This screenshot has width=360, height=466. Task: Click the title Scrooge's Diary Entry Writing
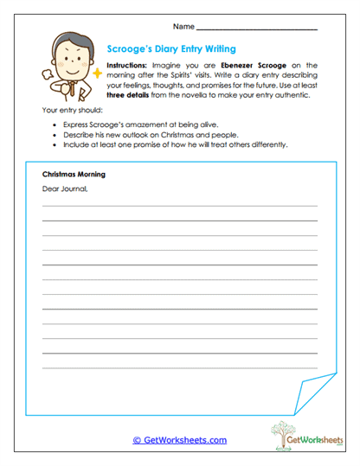coord(170,49)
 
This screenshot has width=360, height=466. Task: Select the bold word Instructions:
coord(126,65)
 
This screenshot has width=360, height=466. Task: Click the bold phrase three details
coord(125,94)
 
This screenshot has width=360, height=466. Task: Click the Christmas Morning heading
coord(74,174)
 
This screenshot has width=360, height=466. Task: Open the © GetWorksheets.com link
coord(179,440)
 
